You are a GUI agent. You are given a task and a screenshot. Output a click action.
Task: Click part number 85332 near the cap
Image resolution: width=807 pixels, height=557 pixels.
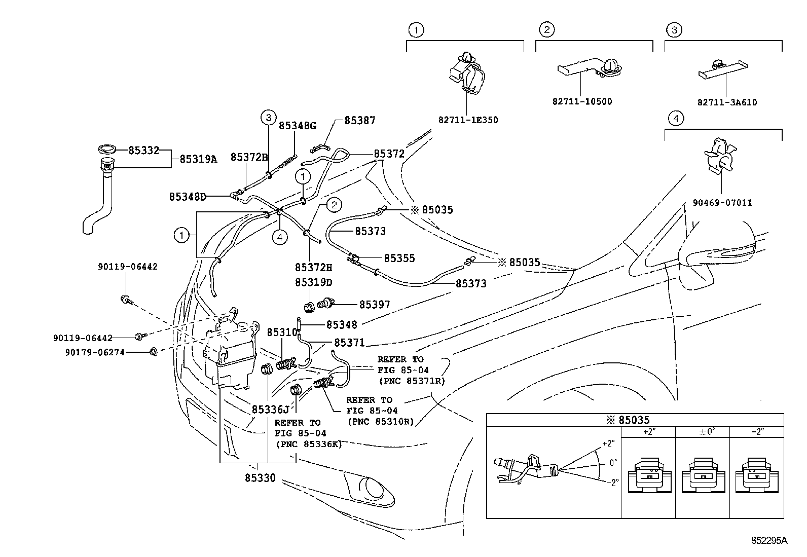tap(143, 150)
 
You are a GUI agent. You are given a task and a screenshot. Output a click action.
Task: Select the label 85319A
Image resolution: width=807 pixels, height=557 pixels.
tap(198, 159)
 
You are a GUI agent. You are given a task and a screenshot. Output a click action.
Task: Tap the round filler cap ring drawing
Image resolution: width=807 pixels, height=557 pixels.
tap(107, 148)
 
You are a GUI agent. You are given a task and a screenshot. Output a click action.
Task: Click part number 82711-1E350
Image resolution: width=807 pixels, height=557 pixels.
tap(468, 120)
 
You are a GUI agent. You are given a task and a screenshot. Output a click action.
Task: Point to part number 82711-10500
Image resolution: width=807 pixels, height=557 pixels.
tap(582, 101)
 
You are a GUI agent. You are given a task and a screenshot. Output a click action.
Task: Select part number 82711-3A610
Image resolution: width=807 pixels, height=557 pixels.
tap(727, 102)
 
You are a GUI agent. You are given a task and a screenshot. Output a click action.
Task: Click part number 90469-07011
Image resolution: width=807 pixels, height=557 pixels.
tap(722, 203)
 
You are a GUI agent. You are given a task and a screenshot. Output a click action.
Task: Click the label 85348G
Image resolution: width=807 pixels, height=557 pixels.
tap(297, 125)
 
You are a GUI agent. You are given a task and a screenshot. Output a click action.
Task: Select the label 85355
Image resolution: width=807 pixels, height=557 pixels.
tap(399, 258)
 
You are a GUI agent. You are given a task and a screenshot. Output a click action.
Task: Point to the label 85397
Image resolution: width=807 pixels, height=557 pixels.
tap(375, 305)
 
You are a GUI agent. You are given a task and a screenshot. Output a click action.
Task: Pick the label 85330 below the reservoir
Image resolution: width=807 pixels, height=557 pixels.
tap(260, 478)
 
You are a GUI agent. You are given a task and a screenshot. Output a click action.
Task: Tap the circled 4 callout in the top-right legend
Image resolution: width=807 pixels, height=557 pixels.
tap(675, 119)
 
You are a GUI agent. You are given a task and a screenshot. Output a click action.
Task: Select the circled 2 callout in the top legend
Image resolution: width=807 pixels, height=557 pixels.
tap(546, 30)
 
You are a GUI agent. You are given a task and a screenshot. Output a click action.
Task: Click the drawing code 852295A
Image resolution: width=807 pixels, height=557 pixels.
tap(769, 541)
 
